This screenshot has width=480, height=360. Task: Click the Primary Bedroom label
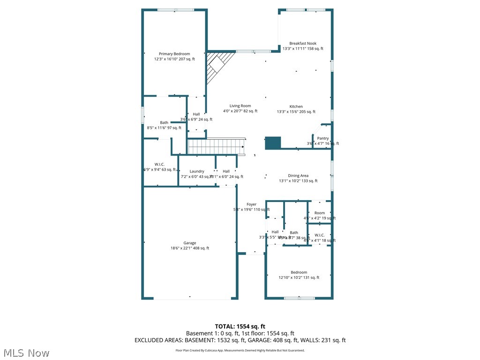[x=174, y=54]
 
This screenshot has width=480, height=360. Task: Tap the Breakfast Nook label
[x=302, y=43]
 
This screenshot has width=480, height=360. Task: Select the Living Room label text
[x=240, y=106]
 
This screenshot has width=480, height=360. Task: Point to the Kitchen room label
[x=296, y=106]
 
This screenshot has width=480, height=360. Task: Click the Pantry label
[x=323, y=138]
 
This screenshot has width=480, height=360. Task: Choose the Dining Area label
[x=298, y=176]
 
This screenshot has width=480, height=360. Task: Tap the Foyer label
[x=252, y=204]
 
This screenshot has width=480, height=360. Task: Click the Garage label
[x=190, y=243]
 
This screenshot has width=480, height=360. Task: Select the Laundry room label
[x=197, y=172]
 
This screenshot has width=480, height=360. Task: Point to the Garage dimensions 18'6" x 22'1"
[x=179, y=248]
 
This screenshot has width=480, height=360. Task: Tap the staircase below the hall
[x=217, y=146]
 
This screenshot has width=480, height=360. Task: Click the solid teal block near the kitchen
[x=273, y=143]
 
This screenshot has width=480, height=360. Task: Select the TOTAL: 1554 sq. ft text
[x=240, y=326]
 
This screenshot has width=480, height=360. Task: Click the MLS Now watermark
[x=26, y=352]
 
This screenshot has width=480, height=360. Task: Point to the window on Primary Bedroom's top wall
[x=176, y=10]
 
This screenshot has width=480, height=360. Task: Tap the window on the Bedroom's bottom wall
[x=299, y=298]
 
